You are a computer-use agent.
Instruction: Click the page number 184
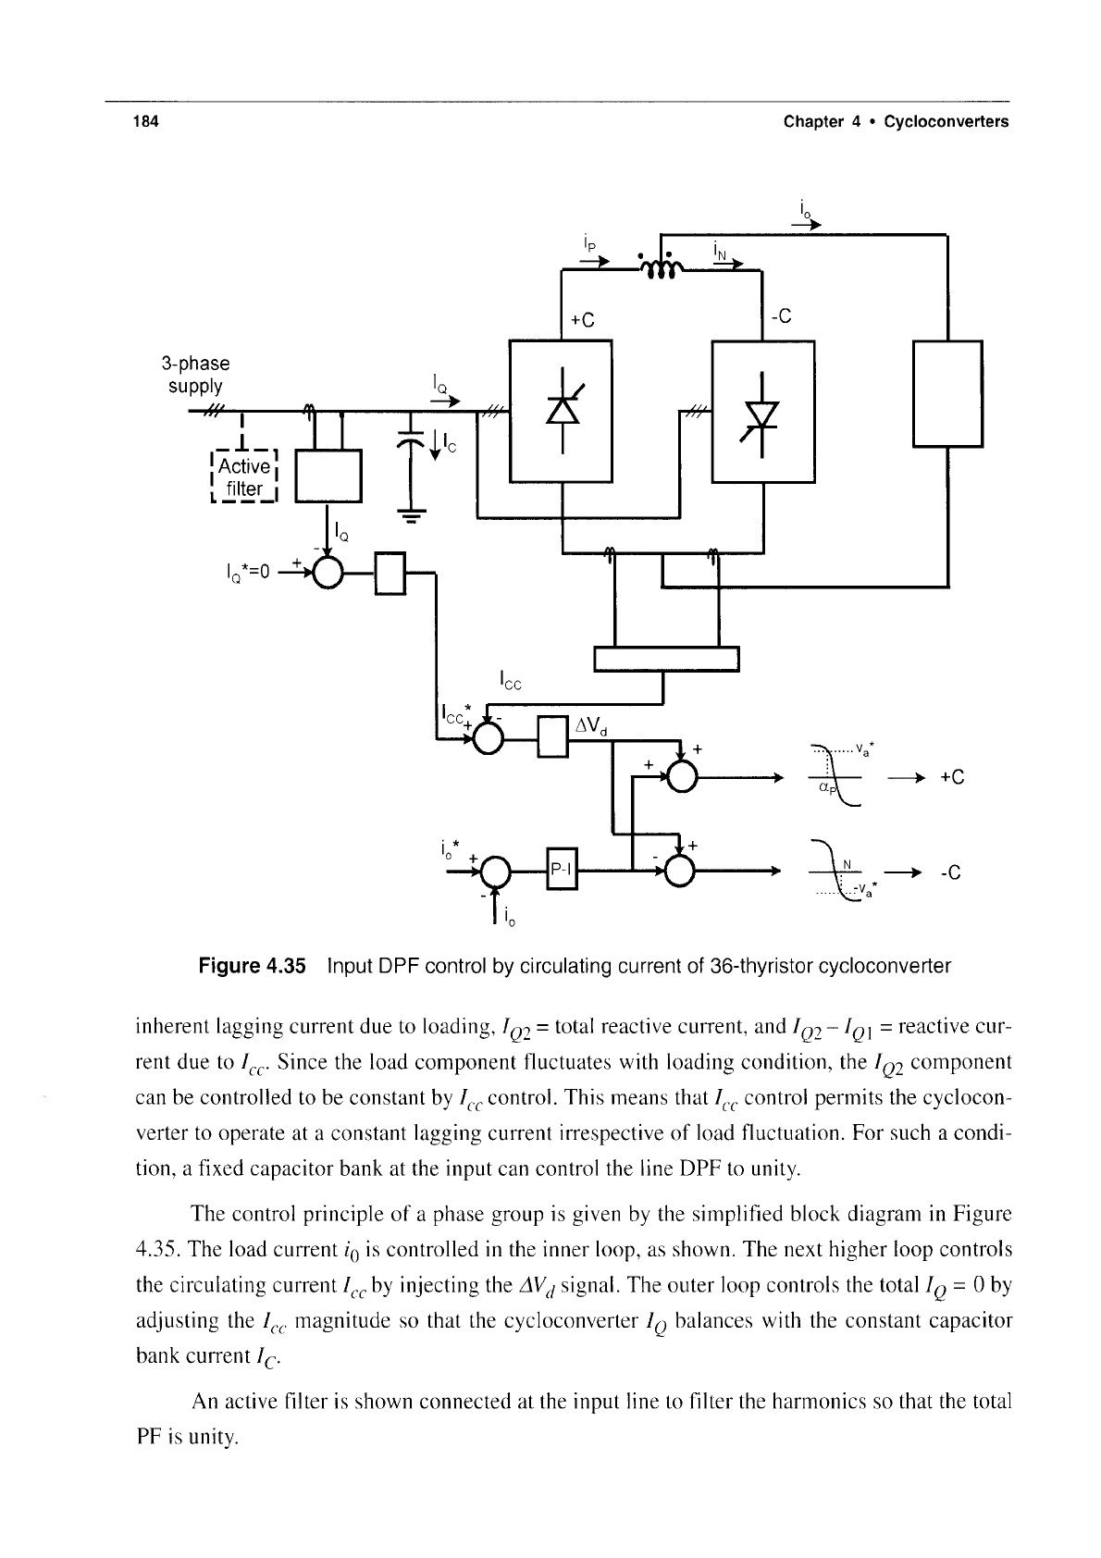145,121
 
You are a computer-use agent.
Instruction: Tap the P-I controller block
562,868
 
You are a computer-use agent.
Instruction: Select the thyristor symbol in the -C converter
762,414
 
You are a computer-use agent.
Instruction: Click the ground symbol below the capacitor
411,516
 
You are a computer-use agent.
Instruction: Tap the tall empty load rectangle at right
947,393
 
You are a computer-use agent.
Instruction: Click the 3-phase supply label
195,374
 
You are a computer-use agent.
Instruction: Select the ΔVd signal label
591,726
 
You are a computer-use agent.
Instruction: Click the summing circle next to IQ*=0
328,573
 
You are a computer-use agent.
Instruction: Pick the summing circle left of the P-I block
495,871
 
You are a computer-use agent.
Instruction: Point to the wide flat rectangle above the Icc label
666,659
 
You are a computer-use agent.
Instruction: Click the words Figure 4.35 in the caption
252,965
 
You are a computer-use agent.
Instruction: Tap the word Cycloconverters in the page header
946,121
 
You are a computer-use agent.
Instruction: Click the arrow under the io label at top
807,225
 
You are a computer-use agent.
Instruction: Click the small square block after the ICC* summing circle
553,737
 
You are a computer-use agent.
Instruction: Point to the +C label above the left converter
582,320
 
